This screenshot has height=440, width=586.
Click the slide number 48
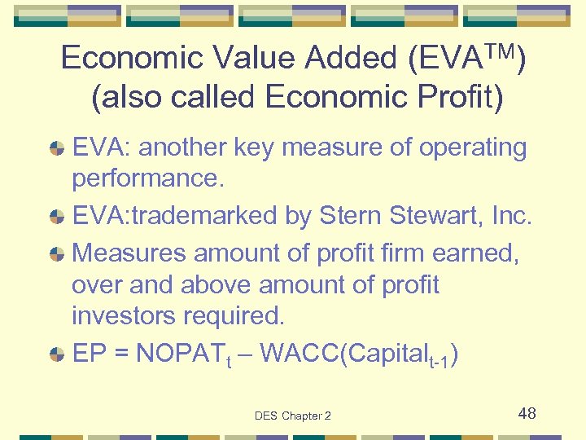click(527, 413)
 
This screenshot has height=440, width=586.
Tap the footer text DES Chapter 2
click(292, 416)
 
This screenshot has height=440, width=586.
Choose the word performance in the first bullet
click(147, 178)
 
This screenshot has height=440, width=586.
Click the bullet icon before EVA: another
click(57, 149)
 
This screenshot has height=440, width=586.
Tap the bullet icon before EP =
click(57, 354)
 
